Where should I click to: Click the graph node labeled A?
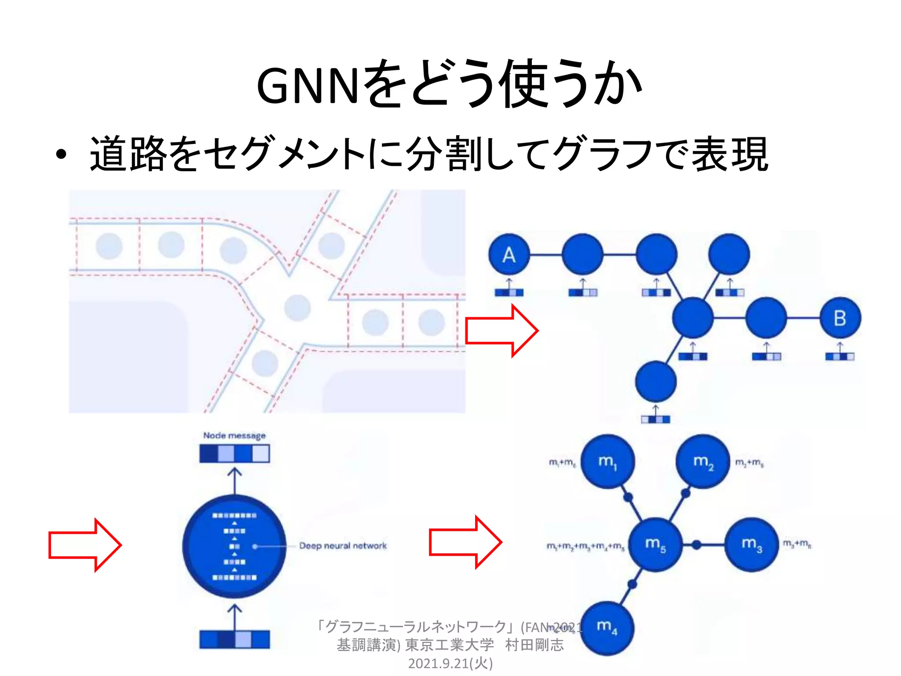509,254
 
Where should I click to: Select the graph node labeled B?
840,318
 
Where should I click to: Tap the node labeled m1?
608,461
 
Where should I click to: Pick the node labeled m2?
703,461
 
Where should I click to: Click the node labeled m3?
751,544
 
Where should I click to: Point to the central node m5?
655,545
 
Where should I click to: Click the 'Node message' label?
234,435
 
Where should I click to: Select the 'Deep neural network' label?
343,546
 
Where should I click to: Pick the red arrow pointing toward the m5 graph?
465,542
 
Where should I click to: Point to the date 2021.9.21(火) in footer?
450,663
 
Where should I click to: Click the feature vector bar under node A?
509,292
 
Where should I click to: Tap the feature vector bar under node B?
839,356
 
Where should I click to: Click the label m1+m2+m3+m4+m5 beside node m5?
585,546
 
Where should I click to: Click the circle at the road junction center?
297,308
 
